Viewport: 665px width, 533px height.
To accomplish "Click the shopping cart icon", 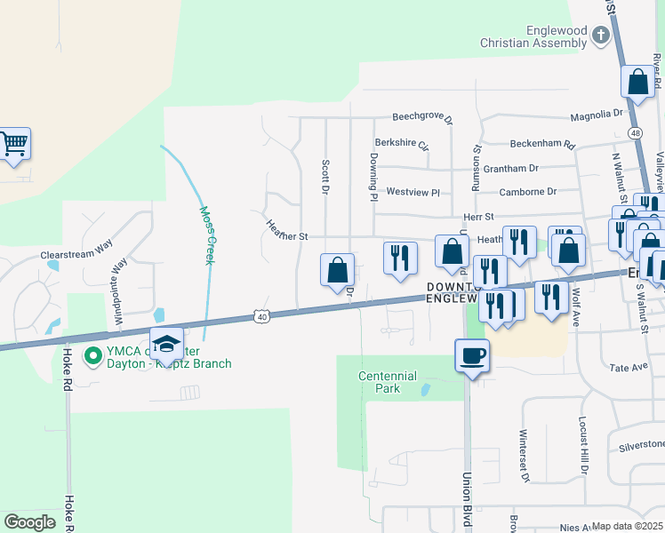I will tap(13, 145).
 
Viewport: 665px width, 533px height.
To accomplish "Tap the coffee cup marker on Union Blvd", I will tap(472, 355).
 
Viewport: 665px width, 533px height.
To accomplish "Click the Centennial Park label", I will tap(388, 382).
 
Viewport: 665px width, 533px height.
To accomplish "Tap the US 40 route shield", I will tap(260, 315).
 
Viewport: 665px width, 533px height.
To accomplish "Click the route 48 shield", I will tap(634, 132).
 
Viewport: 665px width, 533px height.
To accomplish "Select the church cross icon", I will tap(600, 36).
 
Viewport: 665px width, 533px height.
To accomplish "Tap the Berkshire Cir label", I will tap(402, 142).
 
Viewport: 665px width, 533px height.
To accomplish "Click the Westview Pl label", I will tap(413, 192).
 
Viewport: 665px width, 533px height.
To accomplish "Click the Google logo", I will tap(30, 522).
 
